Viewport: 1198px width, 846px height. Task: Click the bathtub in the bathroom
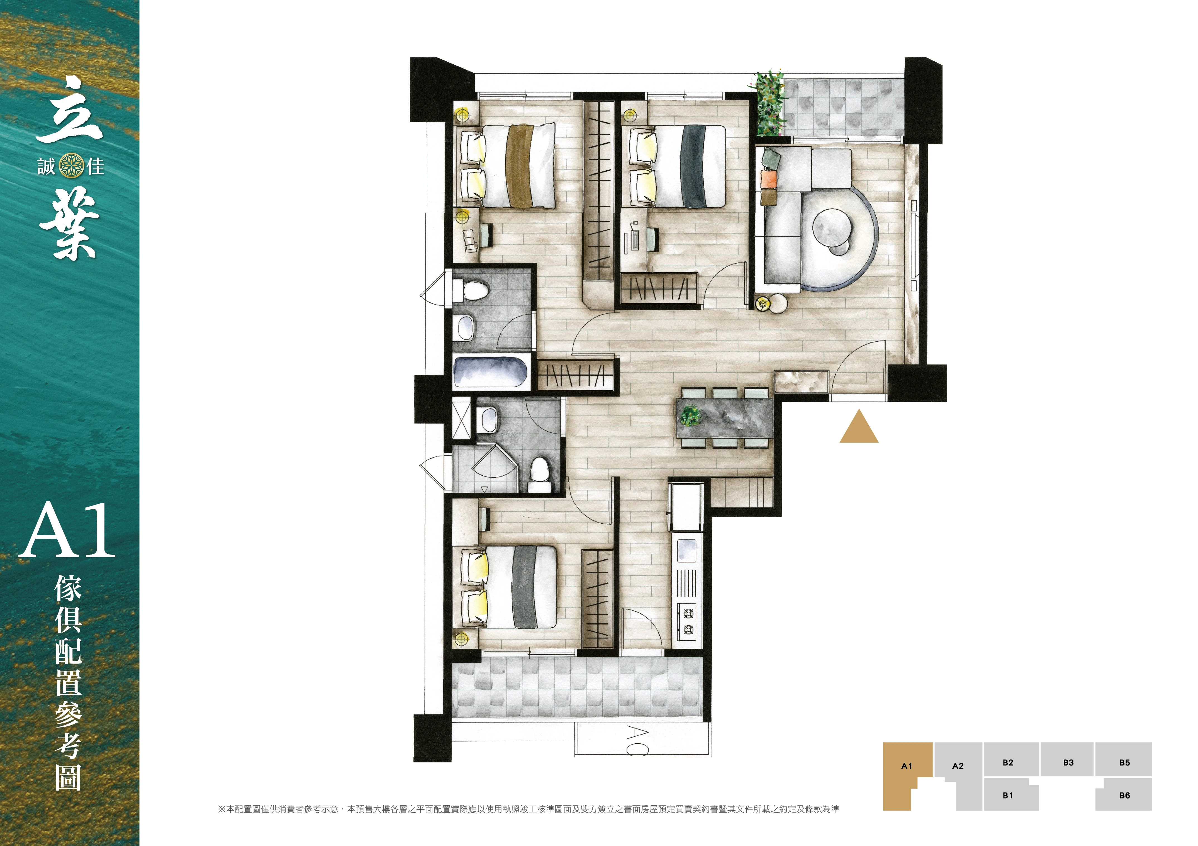click(490, 372)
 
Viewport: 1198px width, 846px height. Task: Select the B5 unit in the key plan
click(1124, 762)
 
